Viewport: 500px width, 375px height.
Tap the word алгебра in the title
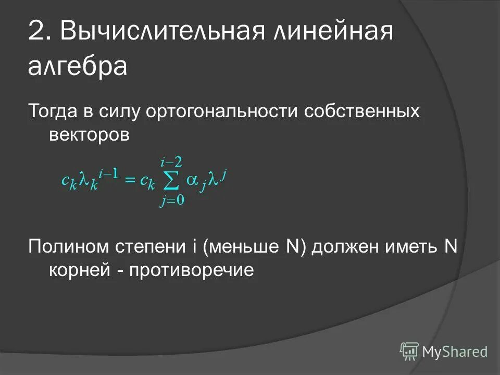(x=78, y=68)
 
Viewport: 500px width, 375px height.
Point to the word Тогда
(x=53, y=111)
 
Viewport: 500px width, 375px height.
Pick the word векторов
(x=89, y=134)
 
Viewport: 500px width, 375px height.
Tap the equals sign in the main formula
(x=130, y=181)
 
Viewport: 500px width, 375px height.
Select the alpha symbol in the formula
(x=192, y=179)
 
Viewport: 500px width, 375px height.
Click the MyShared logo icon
(x=409, y=351)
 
